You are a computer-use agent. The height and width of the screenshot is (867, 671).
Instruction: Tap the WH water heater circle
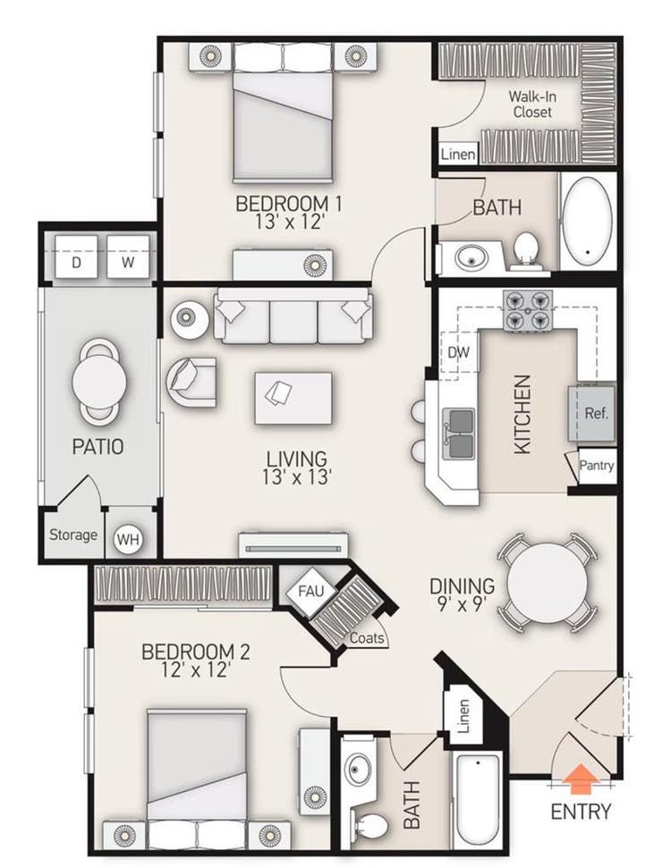(x=129, y=539)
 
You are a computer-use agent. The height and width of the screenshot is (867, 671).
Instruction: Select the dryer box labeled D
(x=76, y=257)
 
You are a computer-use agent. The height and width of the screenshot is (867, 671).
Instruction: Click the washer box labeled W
(x=128, y=257)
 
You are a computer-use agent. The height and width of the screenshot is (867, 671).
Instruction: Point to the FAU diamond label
(x=310, y=592)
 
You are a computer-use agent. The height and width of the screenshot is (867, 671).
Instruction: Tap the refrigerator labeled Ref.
(x=591, y=413)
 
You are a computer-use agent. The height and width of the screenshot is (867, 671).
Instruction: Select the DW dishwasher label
(x=458, y=352)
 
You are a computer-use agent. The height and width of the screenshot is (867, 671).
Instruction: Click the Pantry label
(x=596, y=465)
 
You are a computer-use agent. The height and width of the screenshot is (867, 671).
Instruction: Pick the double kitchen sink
(x=460, y=433)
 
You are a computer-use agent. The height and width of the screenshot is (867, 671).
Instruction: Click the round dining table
(x=547, y=582)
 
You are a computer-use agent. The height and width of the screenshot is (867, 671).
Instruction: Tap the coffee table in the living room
(x=293, y=398)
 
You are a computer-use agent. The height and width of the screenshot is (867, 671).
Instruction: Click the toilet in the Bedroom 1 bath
(x=526, y=251)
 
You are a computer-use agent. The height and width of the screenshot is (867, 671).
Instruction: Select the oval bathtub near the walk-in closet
(x=587, y=221)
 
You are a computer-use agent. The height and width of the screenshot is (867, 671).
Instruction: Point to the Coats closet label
(x=367, y=638)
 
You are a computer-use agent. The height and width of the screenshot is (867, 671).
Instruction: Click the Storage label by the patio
(x=73, y=535)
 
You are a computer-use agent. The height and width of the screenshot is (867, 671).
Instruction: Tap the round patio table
(x=99, y=381)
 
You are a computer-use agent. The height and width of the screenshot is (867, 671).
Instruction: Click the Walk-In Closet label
(x=532, y=104)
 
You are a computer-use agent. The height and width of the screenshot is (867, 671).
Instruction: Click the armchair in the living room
(x=191, y=382)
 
